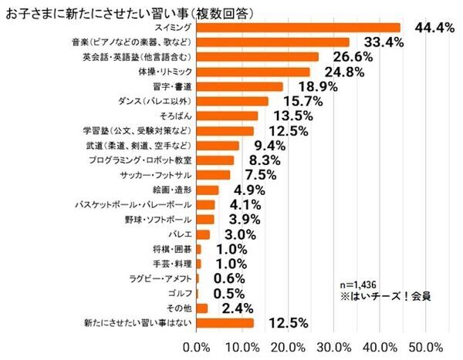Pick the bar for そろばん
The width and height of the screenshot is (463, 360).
click(x=228, y=116)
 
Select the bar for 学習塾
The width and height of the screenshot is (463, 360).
click(x=225, y=130)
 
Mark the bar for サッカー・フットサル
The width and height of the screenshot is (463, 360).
click(x=214, y=174)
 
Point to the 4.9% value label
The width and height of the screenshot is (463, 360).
click(x=248, y=190)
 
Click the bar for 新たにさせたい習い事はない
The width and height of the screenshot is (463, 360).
click(x=225, y=322)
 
